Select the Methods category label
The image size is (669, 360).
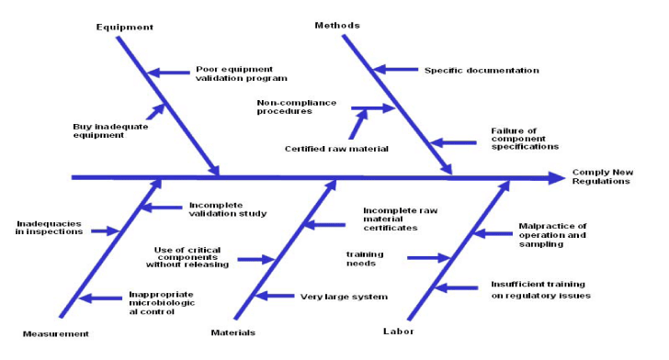click(337, 26)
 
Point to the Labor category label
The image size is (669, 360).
click(397, 331)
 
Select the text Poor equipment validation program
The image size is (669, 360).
click(242, 73)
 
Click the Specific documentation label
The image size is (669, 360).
click(482, 71)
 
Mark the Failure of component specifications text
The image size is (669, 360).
click(526, 141)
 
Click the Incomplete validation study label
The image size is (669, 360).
click(228, 209)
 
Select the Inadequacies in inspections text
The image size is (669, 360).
click(50, 227)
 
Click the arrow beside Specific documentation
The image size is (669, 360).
click(393, 70)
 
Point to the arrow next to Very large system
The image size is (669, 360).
click(274, 296)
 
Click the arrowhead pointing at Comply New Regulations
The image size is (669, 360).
click(556, 176)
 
